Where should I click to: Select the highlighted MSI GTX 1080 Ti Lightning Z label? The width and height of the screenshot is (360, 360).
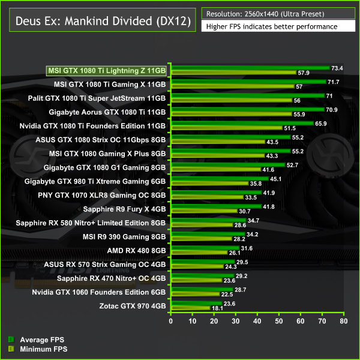107,71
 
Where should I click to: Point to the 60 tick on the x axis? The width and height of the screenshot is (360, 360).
301,322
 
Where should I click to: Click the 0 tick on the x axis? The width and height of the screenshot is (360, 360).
171,322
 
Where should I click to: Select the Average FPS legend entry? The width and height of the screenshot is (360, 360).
35,340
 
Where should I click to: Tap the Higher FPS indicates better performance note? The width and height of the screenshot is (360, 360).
271,26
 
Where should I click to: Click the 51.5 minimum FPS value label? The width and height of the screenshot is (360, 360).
290,128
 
